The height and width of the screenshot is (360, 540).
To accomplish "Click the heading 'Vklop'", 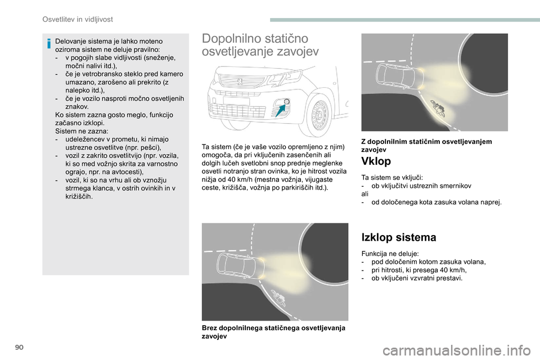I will tap(376, 161).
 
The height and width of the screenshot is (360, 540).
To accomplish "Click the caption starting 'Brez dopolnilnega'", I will tap(274, 332).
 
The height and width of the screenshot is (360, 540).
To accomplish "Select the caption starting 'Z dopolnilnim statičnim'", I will tap(426, 146).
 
